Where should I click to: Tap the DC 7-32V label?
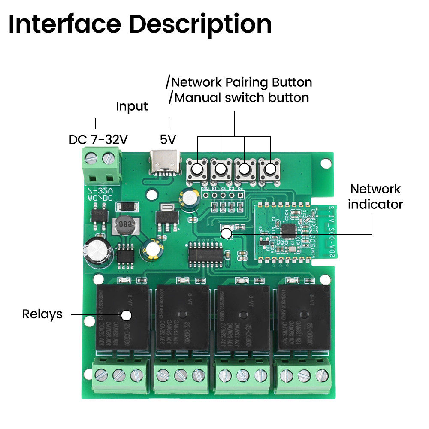98,140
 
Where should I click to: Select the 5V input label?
168,140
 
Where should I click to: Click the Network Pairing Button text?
241,82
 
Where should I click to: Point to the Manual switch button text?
241,97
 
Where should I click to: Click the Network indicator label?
375,196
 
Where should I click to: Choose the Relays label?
42,314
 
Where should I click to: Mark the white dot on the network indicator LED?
226,233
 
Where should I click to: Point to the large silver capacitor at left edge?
99,251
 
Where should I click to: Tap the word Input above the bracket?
132,106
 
